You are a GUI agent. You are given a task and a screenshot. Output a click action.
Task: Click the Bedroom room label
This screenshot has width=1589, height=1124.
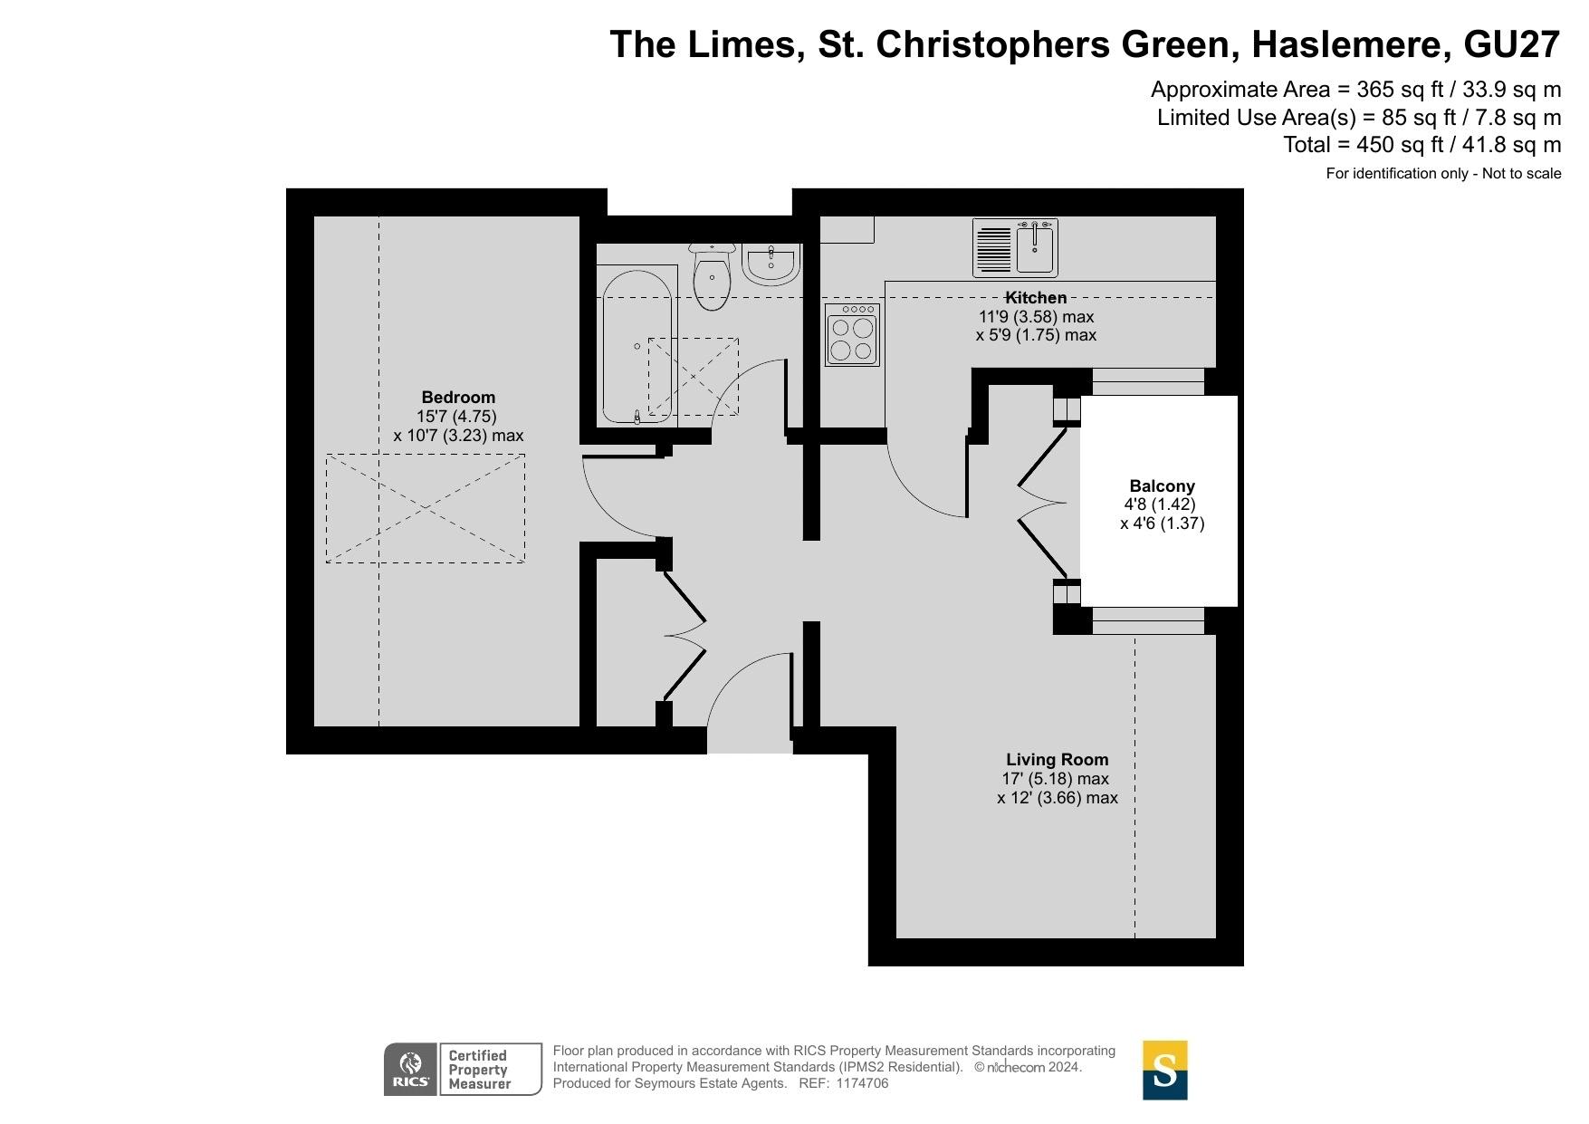point(458,398)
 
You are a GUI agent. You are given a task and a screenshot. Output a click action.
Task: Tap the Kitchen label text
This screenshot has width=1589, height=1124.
point(1036,298)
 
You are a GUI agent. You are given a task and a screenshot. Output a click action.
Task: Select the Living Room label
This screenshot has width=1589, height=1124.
point(1057,760)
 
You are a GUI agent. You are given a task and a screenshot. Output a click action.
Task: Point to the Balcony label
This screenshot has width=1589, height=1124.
point(1162,486)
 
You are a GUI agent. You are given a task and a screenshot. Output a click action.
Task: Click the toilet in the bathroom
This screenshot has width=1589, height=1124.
point(712,275)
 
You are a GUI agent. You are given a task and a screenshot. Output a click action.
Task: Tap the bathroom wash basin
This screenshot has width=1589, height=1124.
point(771,264)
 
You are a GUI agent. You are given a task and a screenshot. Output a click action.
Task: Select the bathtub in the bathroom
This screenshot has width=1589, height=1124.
point(637,346)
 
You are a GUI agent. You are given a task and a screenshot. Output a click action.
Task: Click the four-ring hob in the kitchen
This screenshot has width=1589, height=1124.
point(852,335)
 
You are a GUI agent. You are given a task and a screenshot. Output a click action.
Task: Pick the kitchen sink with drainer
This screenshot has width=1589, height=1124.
point(1015,247)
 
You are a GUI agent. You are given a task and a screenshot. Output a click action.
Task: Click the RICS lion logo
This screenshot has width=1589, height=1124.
point(411,1070)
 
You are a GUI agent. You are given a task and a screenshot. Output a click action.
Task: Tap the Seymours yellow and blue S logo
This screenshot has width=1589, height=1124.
point(1164,1070)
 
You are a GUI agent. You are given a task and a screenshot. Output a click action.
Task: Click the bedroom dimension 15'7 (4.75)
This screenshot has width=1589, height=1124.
point(456,417)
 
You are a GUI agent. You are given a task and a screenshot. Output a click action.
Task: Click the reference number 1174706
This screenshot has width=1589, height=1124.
point(863,1083)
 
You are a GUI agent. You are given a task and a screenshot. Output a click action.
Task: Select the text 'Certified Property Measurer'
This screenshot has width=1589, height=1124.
point(479,1070)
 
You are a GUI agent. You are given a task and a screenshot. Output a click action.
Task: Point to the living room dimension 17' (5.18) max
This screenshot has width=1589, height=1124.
point(1055,779)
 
